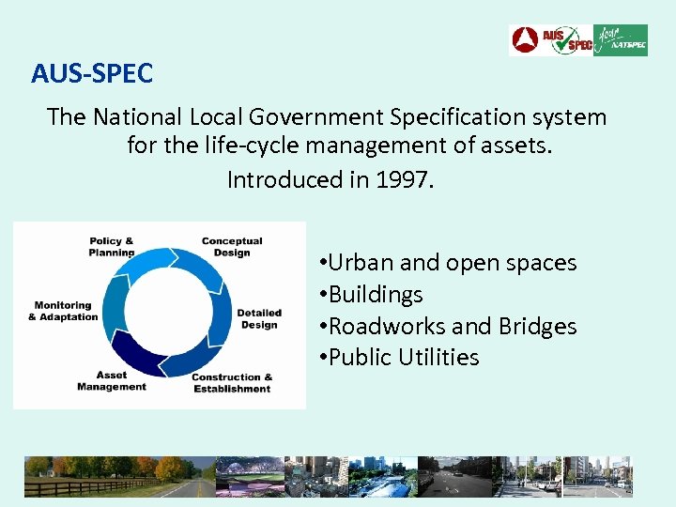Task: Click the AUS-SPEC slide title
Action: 91,72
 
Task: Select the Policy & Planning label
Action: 112,247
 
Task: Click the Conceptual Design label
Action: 232,247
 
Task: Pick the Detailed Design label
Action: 258,319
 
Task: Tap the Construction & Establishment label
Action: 232,383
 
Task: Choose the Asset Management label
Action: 112,381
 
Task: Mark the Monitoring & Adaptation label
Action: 63,311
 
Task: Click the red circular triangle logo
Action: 524,40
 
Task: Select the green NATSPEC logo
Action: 621,40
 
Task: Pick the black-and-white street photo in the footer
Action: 454,476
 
